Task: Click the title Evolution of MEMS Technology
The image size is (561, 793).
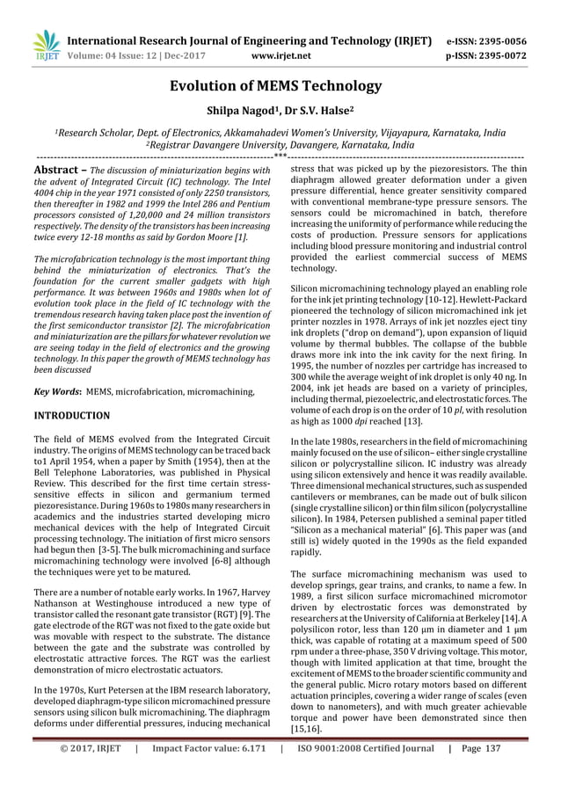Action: [280, 85]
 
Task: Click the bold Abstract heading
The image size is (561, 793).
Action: [58, 169]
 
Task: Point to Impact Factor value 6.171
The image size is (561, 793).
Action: [208, 774]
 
